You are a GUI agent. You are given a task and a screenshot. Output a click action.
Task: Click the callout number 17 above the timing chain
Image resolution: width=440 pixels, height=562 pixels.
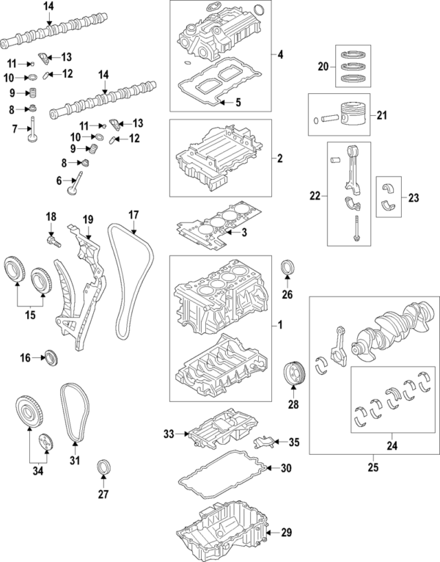[133, 215]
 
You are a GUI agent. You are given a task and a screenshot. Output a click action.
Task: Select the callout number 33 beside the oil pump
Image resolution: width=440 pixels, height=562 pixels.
[169, 435]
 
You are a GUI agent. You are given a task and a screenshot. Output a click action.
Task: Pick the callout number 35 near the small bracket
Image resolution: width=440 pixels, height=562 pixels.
[294, 442]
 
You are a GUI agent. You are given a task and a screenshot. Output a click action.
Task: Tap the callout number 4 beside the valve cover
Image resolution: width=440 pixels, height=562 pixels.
[279, 54]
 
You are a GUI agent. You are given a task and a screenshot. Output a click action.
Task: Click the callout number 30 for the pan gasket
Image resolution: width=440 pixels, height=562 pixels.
[285, 468]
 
